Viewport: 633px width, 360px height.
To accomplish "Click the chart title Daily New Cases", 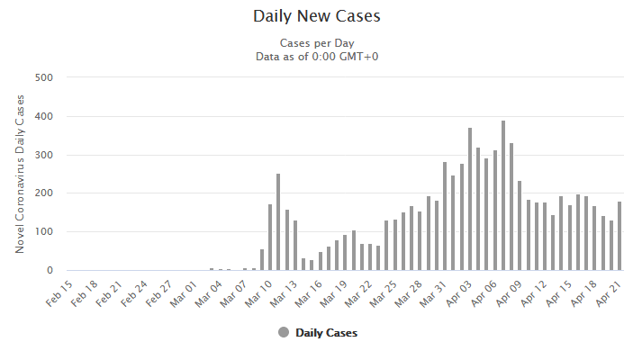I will tap(316, 16).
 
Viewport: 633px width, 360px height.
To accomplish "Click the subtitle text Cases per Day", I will tap(316, 42).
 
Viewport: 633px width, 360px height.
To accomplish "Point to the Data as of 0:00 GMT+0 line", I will tap(316, 56).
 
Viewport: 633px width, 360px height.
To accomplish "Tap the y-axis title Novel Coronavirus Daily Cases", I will tap(20, 173).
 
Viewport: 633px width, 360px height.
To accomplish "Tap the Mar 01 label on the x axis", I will tap(181, 293).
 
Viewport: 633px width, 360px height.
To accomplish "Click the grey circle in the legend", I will tap(284, 332).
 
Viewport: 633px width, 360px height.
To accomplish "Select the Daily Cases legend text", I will tap(326, 333).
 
